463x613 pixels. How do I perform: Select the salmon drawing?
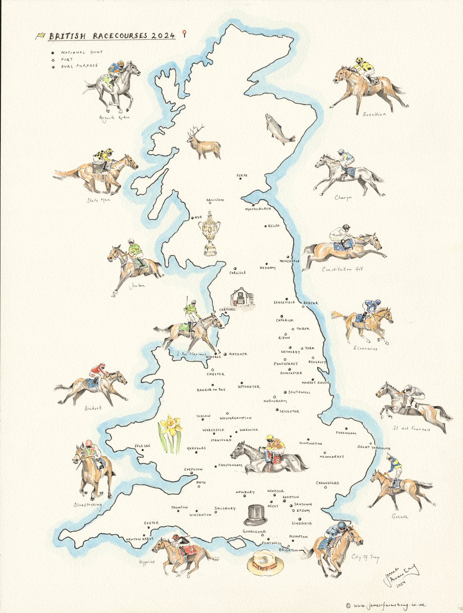coord(279,129)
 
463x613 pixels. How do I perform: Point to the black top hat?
coord(255,514)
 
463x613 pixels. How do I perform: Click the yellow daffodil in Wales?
coord(171,432)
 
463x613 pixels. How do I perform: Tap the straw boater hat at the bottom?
coord(264,564)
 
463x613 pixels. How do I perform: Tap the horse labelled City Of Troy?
coord(335,544)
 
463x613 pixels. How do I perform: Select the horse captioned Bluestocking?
coord(93,470)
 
